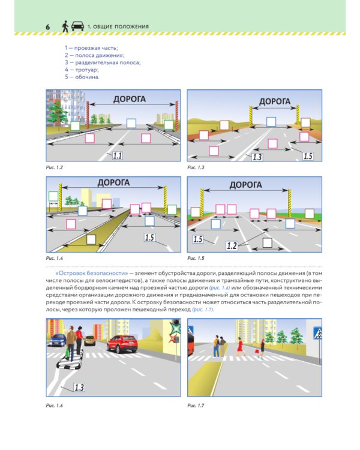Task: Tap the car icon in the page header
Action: [77, 26]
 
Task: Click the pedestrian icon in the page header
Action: [64, 26]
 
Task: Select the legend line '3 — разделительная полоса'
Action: [103, 62]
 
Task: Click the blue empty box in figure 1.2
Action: [131, 124]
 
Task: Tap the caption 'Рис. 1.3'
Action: [196, 167]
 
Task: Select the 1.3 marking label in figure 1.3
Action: [256, 157]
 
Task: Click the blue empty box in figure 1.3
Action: [271, 122]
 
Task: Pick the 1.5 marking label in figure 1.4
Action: [150, 238]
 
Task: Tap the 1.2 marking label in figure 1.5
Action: [232, 245]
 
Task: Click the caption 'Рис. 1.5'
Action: [196, 258]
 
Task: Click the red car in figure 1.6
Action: [122, 344]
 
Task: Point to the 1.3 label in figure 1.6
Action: [79, 387]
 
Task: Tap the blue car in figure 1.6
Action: [58, 339]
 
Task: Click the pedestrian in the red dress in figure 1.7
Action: [240, 347]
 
